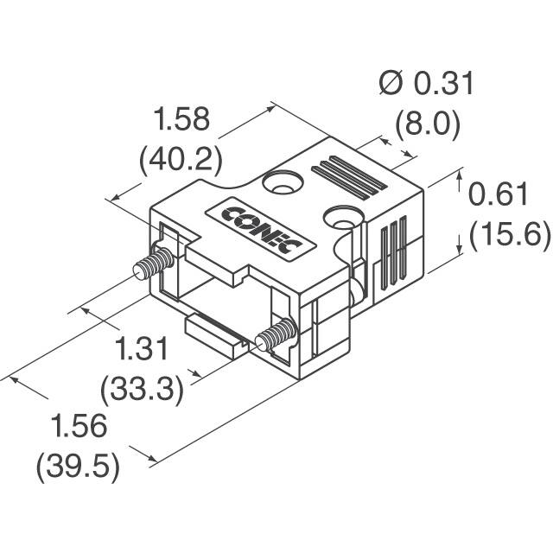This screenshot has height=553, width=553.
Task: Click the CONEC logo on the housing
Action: tap(261, 229)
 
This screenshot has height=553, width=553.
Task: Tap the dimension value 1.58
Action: tap(182, 119)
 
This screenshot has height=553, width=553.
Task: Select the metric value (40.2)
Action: tap(181, 162)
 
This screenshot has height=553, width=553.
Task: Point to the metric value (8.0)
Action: tap(428, 124)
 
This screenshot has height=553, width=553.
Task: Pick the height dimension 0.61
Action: tap(498, 194)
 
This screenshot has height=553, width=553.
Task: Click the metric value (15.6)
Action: tap(510, 235)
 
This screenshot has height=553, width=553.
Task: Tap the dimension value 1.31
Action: tap(142, 348)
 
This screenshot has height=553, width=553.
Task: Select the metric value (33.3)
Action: tap(142, 391)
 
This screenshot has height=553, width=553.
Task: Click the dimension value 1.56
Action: tap(79, 426)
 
